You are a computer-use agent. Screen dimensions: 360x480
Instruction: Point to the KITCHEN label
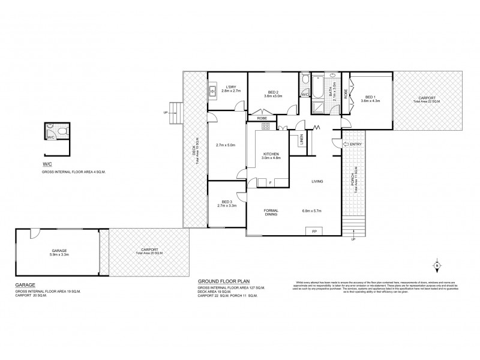(271, 155)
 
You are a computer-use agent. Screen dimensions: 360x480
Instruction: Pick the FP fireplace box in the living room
(313, 231)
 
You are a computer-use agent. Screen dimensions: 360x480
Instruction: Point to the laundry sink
(213, 92)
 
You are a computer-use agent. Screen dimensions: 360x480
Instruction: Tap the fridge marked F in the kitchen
(270, 182)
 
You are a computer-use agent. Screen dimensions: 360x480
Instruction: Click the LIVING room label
(318, 182)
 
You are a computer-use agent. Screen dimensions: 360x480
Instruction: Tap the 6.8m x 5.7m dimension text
(314, 211)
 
